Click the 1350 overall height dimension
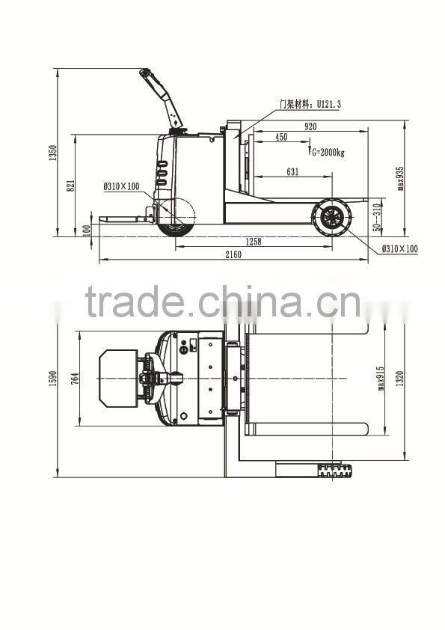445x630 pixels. tap(52, 153)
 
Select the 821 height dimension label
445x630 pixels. tap(71, 186)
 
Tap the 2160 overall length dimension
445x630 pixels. tap(233, 254)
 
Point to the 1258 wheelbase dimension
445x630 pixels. tap(254, 242)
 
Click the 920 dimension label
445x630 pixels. tap(310, 126)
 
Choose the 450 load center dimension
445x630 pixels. tap(281, 137)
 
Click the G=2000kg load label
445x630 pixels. tap(328, 153)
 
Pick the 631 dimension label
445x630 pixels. tap(292, 172)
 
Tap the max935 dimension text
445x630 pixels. tap(400, 178)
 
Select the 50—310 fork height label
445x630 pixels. tap(376, 218)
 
